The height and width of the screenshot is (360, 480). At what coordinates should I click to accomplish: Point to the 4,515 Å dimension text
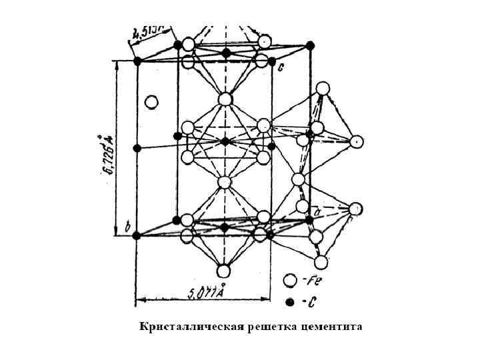[x=153, y=31]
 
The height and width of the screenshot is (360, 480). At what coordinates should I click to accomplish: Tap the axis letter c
[x=281, y=67]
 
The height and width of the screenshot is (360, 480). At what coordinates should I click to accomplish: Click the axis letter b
[x=127, y=227]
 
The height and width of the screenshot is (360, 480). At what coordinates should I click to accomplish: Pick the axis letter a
[x=317, y=212]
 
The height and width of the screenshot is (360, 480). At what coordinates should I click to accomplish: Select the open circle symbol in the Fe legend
[x=290, y=281]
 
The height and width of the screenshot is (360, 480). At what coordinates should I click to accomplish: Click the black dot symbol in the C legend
[x=290, y=303]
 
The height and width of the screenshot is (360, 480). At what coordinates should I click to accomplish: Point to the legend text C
[x=310, y=303]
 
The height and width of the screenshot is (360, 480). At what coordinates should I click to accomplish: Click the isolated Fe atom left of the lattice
[x=151, y=102]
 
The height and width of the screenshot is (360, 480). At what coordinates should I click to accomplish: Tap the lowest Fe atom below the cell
[x=223, y=271]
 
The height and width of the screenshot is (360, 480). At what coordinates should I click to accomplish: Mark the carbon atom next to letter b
[x=137, y=235]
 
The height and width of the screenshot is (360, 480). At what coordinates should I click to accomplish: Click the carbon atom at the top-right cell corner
[x=310, y=45]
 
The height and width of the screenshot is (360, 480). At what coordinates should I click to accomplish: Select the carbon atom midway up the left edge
[x=137, y=148]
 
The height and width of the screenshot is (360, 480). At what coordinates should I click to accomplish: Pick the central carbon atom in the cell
[x=225, y=141]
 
